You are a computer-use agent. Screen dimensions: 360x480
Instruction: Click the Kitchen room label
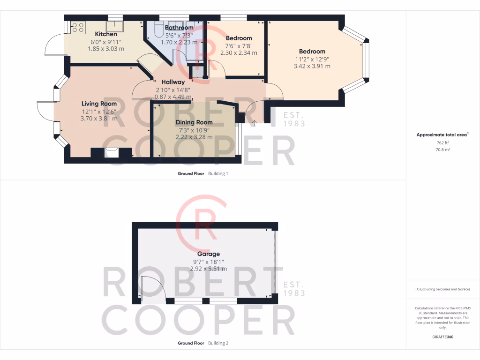coord(106,34)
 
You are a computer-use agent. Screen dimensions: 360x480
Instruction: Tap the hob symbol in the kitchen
coord(78,27)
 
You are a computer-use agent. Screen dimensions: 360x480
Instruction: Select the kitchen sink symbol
coord(114,26)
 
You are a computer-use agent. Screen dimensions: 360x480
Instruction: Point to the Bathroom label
coord(179,28)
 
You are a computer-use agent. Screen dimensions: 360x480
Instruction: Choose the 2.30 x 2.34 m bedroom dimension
coord(239,53)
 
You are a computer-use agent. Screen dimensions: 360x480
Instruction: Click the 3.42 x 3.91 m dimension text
coord(312,66)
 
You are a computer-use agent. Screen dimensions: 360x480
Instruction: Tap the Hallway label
coord(173,82)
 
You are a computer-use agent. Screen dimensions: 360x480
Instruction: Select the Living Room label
coord(99,104)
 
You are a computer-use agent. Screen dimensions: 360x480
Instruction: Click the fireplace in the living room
coord(112,153)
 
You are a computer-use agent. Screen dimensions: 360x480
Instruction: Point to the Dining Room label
coord(194,122)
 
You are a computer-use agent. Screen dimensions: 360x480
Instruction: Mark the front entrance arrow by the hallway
coord(255,123)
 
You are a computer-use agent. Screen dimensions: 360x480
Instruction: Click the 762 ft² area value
coord(443,143)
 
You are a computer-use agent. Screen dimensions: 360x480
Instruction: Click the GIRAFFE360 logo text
coord(443,337)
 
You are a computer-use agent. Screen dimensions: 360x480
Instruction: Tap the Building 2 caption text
coord(218,343)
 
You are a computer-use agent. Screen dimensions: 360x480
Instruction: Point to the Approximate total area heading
coord(442,135)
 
